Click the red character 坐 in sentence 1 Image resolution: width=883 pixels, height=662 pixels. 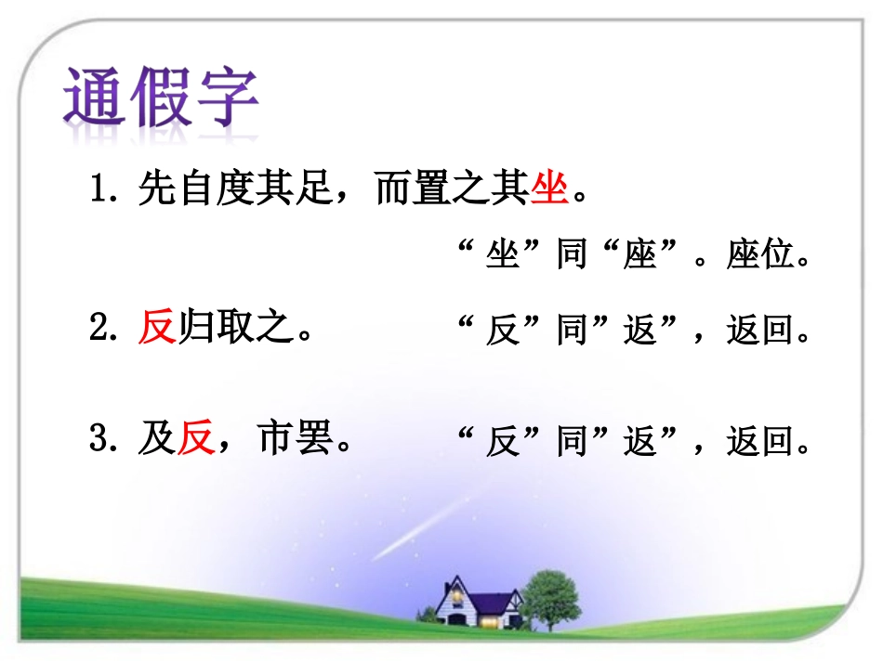pyautogui.click(x=549, y=191)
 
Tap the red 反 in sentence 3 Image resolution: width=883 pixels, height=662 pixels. pyautogui.click(x=195, y=439)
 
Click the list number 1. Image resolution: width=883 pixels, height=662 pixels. pyautogui.click(x=99, y=192)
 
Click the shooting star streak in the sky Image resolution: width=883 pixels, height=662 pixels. pyautogui.click(x=418, y=529)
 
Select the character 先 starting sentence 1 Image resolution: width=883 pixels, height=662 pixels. pyautogui.click(x=157, y=191)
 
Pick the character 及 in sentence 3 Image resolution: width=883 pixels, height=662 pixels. pyautogui.click(x=157, y=439)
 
